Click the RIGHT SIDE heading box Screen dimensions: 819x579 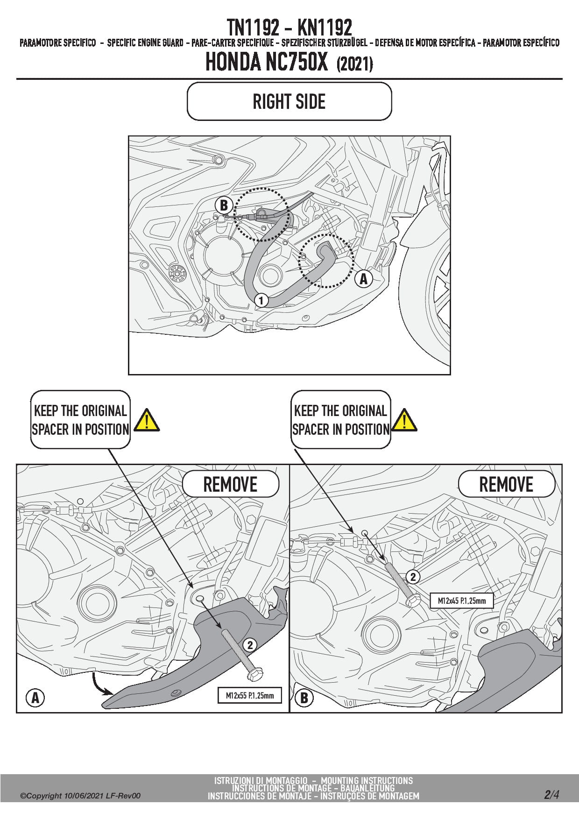click(x=289, y=101)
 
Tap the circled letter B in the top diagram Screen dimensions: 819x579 click(x=224, y=205)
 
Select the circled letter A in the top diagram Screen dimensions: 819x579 click(x=363, y=279)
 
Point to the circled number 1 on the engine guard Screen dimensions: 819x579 click(x=261, y=300)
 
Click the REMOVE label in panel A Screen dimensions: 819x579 click(x=230, y=485)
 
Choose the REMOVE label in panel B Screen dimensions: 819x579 click(x=506, y=485)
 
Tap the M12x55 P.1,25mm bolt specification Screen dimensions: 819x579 click(x=250, y=695)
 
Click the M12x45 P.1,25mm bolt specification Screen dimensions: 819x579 click(x=461, y=600)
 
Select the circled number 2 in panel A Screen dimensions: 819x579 click(x=250, y=645)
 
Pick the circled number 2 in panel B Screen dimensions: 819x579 click(x=413, y=577)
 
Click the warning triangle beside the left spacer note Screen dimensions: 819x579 click(x=147, y=420)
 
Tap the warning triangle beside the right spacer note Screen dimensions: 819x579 click(x=404, y=420)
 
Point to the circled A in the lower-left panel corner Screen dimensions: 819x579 click(x=35, y=699)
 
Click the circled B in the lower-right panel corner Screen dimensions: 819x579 click(x=304, y=699)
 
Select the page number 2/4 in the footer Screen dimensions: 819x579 click(x=551, y=794)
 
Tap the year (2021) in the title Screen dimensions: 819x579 click(x=354, y=64)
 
